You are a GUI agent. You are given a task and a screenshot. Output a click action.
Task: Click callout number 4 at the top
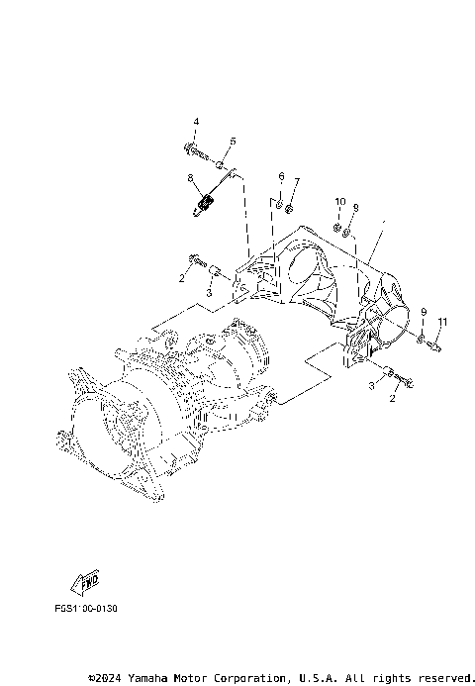(195, 122)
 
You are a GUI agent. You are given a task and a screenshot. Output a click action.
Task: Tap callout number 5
(233, 142)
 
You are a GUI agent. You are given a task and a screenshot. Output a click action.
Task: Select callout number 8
(190, 178)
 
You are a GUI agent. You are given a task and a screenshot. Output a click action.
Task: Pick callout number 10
(340, 202)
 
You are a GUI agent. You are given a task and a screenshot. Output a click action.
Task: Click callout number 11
(444, 322)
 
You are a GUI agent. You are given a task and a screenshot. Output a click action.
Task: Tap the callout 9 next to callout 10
(356, 207)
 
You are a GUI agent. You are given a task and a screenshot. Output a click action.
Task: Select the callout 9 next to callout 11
(425, 313)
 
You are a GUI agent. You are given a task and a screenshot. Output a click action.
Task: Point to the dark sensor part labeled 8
(206, 204)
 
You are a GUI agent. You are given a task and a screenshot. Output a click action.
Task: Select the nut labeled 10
(336, 229)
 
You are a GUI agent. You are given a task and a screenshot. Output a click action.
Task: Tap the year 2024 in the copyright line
(107, 678)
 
